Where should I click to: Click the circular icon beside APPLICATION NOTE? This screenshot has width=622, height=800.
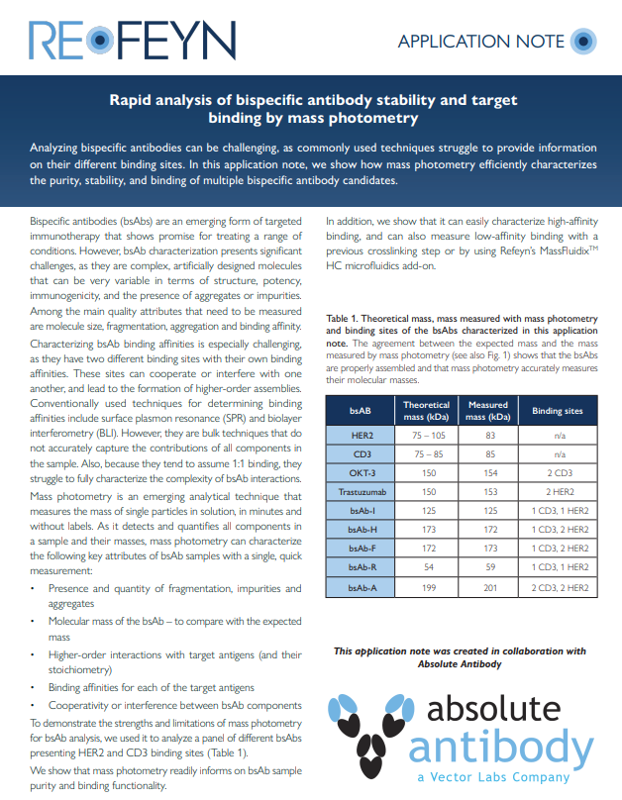tap(585, 42)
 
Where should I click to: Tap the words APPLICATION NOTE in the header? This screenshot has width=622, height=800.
tap(480, 42)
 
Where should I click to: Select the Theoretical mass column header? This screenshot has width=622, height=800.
tap(426, 410)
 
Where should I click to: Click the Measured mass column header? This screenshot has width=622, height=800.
tap(487, 410)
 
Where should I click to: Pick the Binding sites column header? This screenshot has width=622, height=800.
tap(558, 410)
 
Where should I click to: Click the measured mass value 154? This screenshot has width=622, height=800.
tap(487, 473)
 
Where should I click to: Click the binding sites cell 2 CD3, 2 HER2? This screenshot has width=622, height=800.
tap(558, 588)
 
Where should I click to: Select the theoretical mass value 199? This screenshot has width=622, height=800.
tap(426, 588)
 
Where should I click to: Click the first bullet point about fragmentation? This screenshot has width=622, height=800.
tap(158, 595)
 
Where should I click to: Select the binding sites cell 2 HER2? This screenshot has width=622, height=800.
tap(558, 492)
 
